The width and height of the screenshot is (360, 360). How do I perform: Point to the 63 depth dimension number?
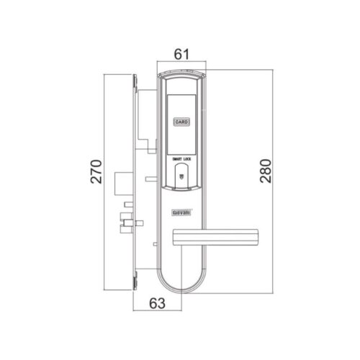(157, 304)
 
